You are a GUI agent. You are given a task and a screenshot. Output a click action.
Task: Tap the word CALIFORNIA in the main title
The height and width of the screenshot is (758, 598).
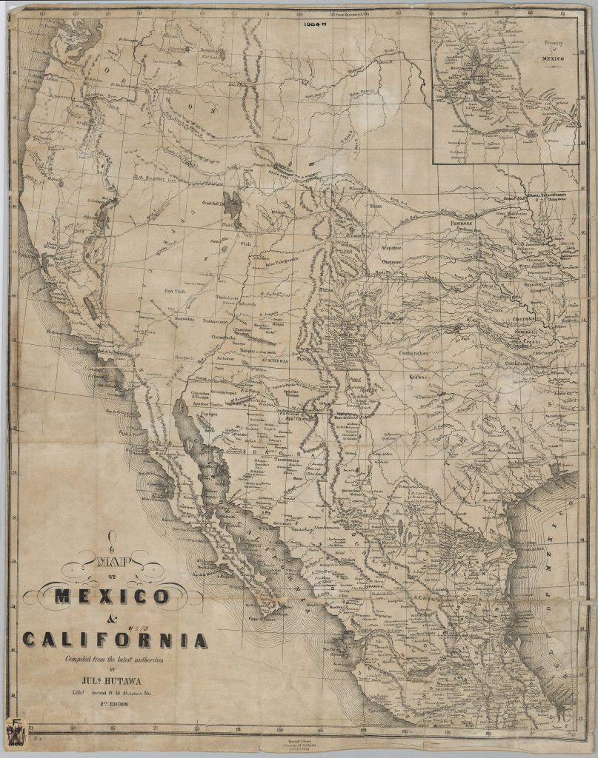[115, 639]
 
